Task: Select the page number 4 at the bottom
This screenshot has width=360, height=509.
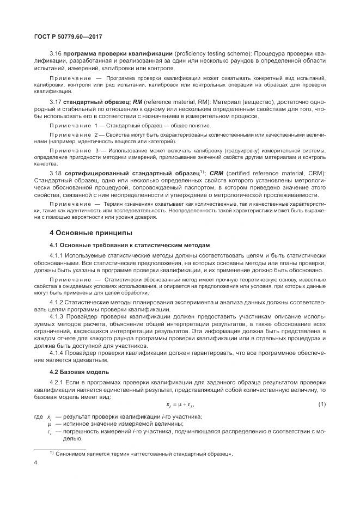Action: click(x=35, y=463)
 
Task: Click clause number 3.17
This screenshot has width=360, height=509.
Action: click(x=56, y=102)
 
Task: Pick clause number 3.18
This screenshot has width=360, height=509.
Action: click(x=56, y=173)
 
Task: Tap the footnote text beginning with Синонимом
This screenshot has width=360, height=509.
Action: click(x=144, y=454)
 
